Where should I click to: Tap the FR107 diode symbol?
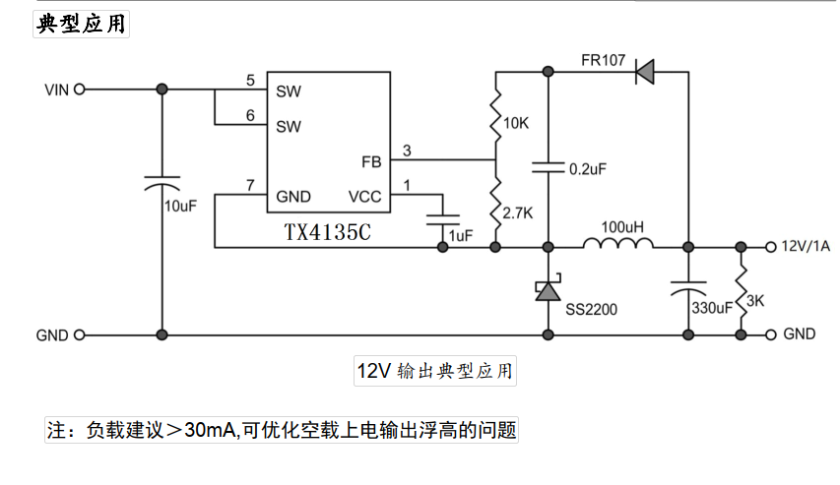[x=647, y=71]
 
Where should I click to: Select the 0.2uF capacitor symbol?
[x=548, y=168]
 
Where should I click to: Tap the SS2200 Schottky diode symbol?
[x=548, y=290]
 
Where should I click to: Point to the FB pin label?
[x=371, y=161]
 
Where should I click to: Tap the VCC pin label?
[x=364, y=196]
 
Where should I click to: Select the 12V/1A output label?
[x=805, y=246]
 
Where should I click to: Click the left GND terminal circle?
[x=79, y=334]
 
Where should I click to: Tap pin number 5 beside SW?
[x=250, y=80]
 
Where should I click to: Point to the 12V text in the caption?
[x=374, y=371]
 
